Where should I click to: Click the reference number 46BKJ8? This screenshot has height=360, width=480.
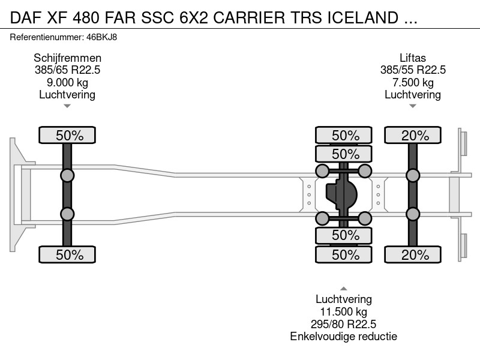[101, 37]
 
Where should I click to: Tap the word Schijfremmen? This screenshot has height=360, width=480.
[67, 58]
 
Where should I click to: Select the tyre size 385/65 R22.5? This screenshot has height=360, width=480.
[67, 70]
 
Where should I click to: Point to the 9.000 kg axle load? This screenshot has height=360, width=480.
[67, 82]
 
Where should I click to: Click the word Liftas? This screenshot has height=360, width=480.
[413, 58]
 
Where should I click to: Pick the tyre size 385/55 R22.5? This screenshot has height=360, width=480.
[413, 70]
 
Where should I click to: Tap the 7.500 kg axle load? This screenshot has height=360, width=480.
[413, 82]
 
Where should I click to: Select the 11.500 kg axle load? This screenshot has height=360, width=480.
[343, 311]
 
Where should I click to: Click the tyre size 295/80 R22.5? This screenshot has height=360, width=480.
[343, 324]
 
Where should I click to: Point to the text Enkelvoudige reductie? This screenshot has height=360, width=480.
[343, 336]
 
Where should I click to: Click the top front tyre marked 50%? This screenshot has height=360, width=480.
[67, 135]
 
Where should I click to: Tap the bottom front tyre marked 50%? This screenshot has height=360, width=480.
[67, 254]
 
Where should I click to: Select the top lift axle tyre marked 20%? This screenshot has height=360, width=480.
[413, 135]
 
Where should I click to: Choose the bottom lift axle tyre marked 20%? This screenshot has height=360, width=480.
[413, 254]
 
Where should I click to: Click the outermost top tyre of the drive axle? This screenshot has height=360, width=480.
[343, 135]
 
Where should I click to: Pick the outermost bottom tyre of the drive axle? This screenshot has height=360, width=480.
[343, 254]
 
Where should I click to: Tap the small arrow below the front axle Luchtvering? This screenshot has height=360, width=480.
[67, 106]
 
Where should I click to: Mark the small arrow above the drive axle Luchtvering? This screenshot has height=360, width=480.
[343, 289]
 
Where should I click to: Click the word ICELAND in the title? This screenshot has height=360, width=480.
[363, 18]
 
